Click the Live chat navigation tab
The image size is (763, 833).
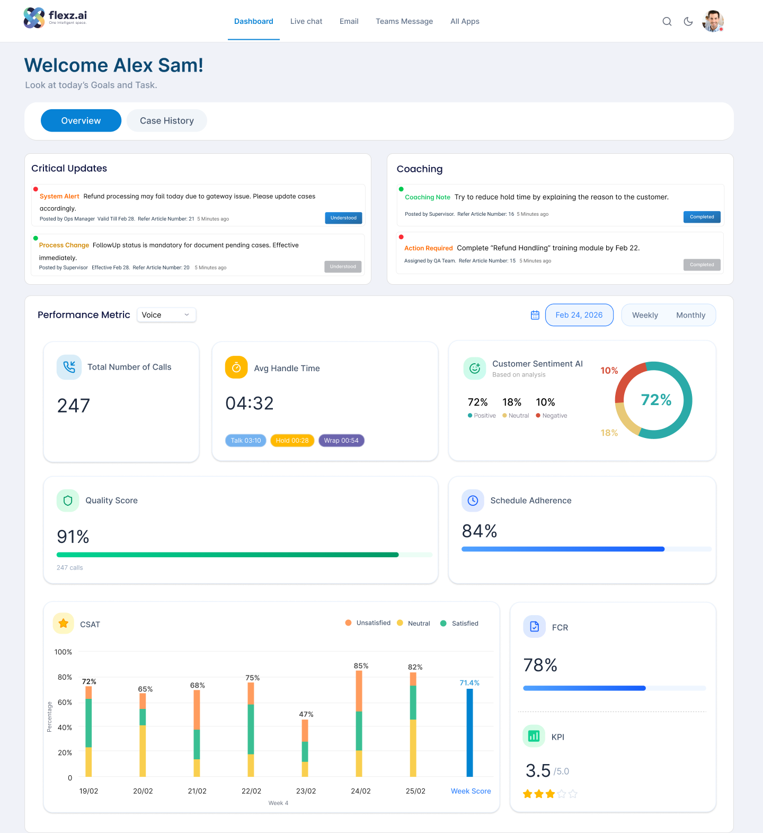point(306,21)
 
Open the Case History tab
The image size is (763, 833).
point(167,121)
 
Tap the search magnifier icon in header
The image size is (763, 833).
point(667,22)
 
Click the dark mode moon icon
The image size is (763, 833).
point(688,22)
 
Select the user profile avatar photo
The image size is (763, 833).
point(713,21)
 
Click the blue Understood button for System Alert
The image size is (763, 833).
point(343,218)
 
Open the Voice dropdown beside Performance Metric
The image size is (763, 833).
point(166,315)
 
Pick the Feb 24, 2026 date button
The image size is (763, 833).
point(579,315)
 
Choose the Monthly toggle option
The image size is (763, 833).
point(691,315)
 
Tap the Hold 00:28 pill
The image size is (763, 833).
point(292,441)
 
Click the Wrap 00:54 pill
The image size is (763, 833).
point(341,441)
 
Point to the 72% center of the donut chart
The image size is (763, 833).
point(656,400)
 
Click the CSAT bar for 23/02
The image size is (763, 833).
point(305,748)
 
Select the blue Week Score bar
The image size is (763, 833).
point(469,733)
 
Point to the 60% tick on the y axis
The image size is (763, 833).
point(65,703)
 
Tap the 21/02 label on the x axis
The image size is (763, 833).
point(197,791)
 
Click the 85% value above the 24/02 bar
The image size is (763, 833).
point(361,666)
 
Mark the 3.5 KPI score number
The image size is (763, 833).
point(538,770)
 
